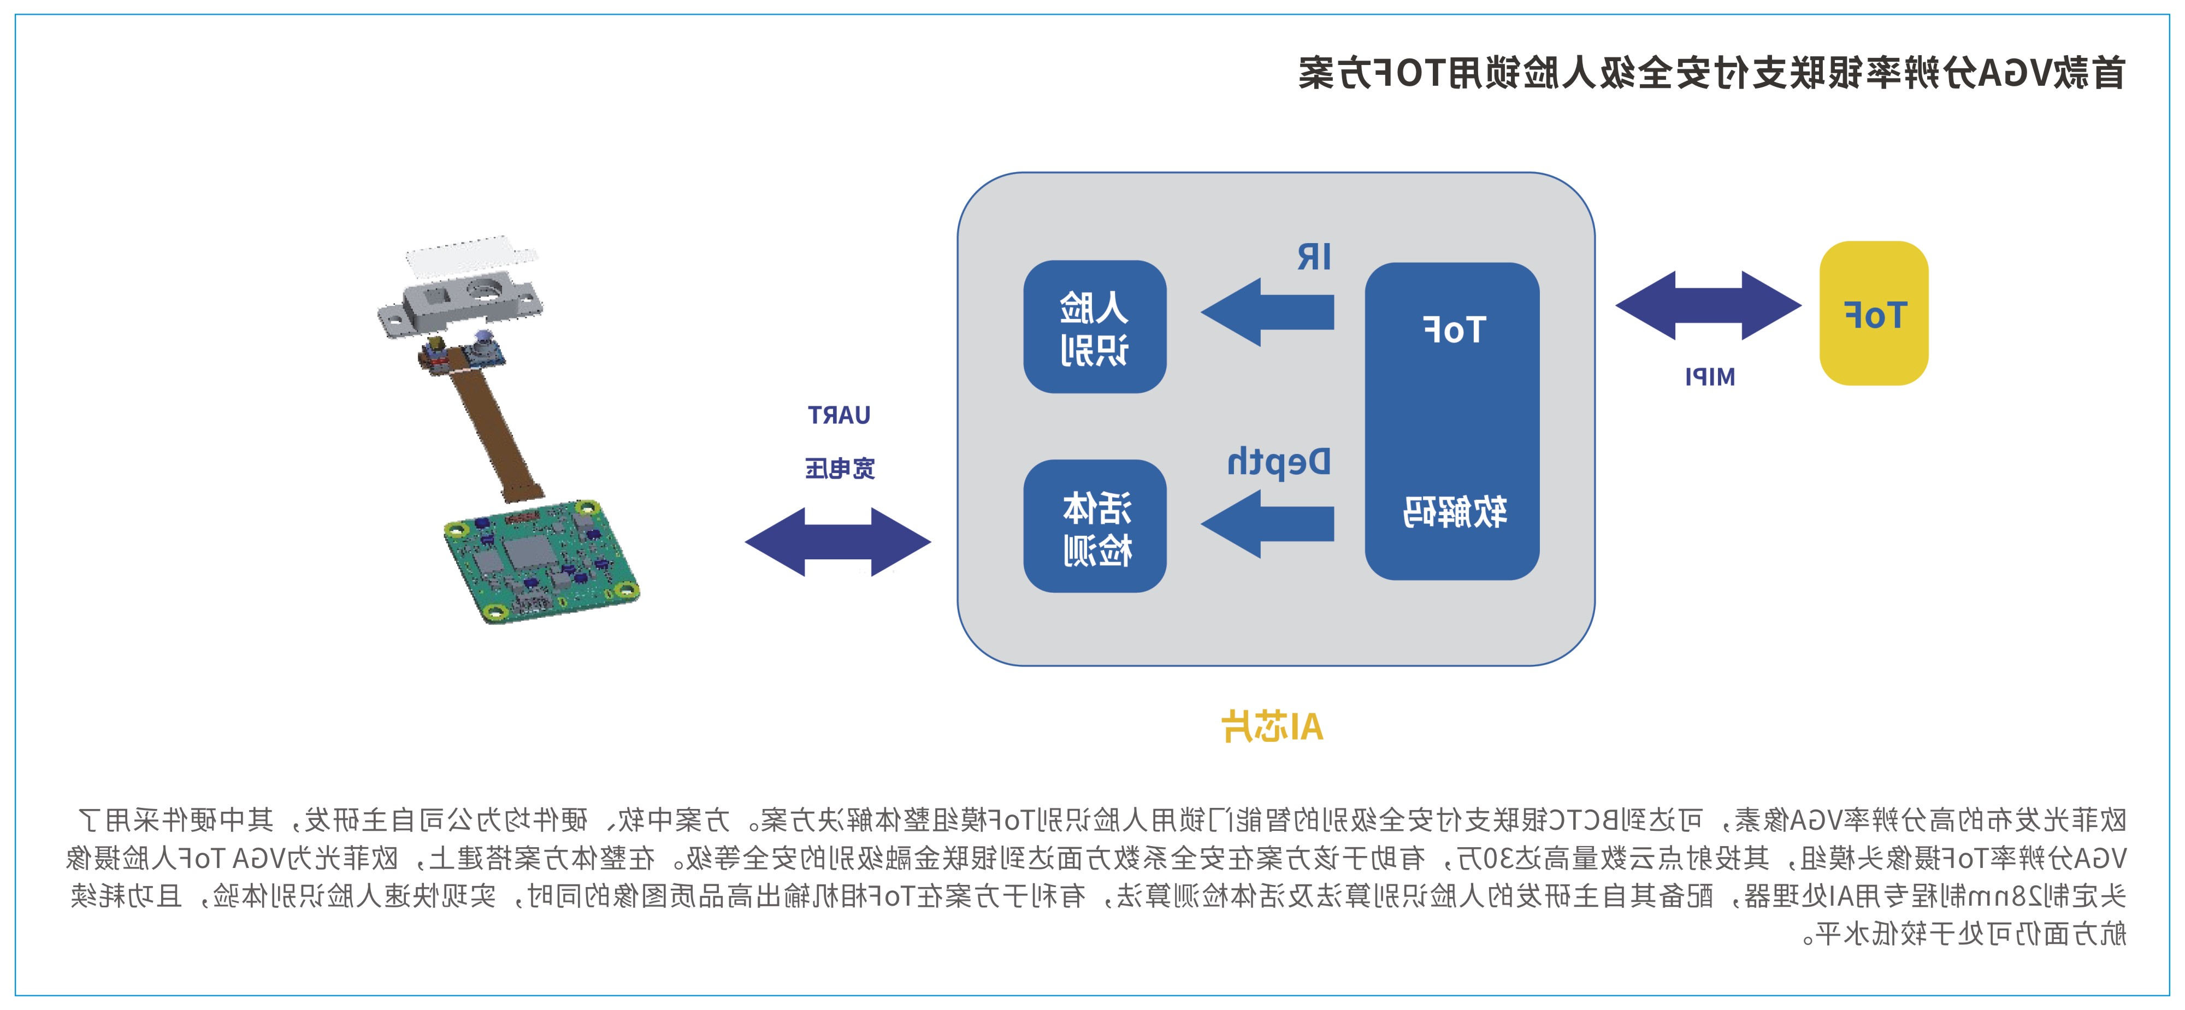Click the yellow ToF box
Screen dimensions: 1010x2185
tap(1874, 314)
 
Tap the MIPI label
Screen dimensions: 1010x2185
tap(1709, 376)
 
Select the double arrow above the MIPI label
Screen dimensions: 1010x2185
tap(1708, 305)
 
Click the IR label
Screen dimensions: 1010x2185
tap(1314, 257)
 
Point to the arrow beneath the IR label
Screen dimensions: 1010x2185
tap(1268, 312)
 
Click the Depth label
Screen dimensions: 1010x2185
tap(1278, 462)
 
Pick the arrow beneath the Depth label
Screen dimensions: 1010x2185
tap(1268, 523)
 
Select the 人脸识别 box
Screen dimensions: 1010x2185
tap(1094, 327)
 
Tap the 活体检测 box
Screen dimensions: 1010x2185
tap(1094, 526)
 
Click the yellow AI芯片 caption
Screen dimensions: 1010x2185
tap(1272, 727)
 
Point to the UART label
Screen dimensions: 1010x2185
tap(839, 416)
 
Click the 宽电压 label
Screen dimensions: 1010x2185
tap(840, 468)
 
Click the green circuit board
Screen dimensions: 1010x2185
tap(540, 560)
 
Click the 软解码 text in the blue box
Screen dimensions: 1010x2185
tap(1454, 512)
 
